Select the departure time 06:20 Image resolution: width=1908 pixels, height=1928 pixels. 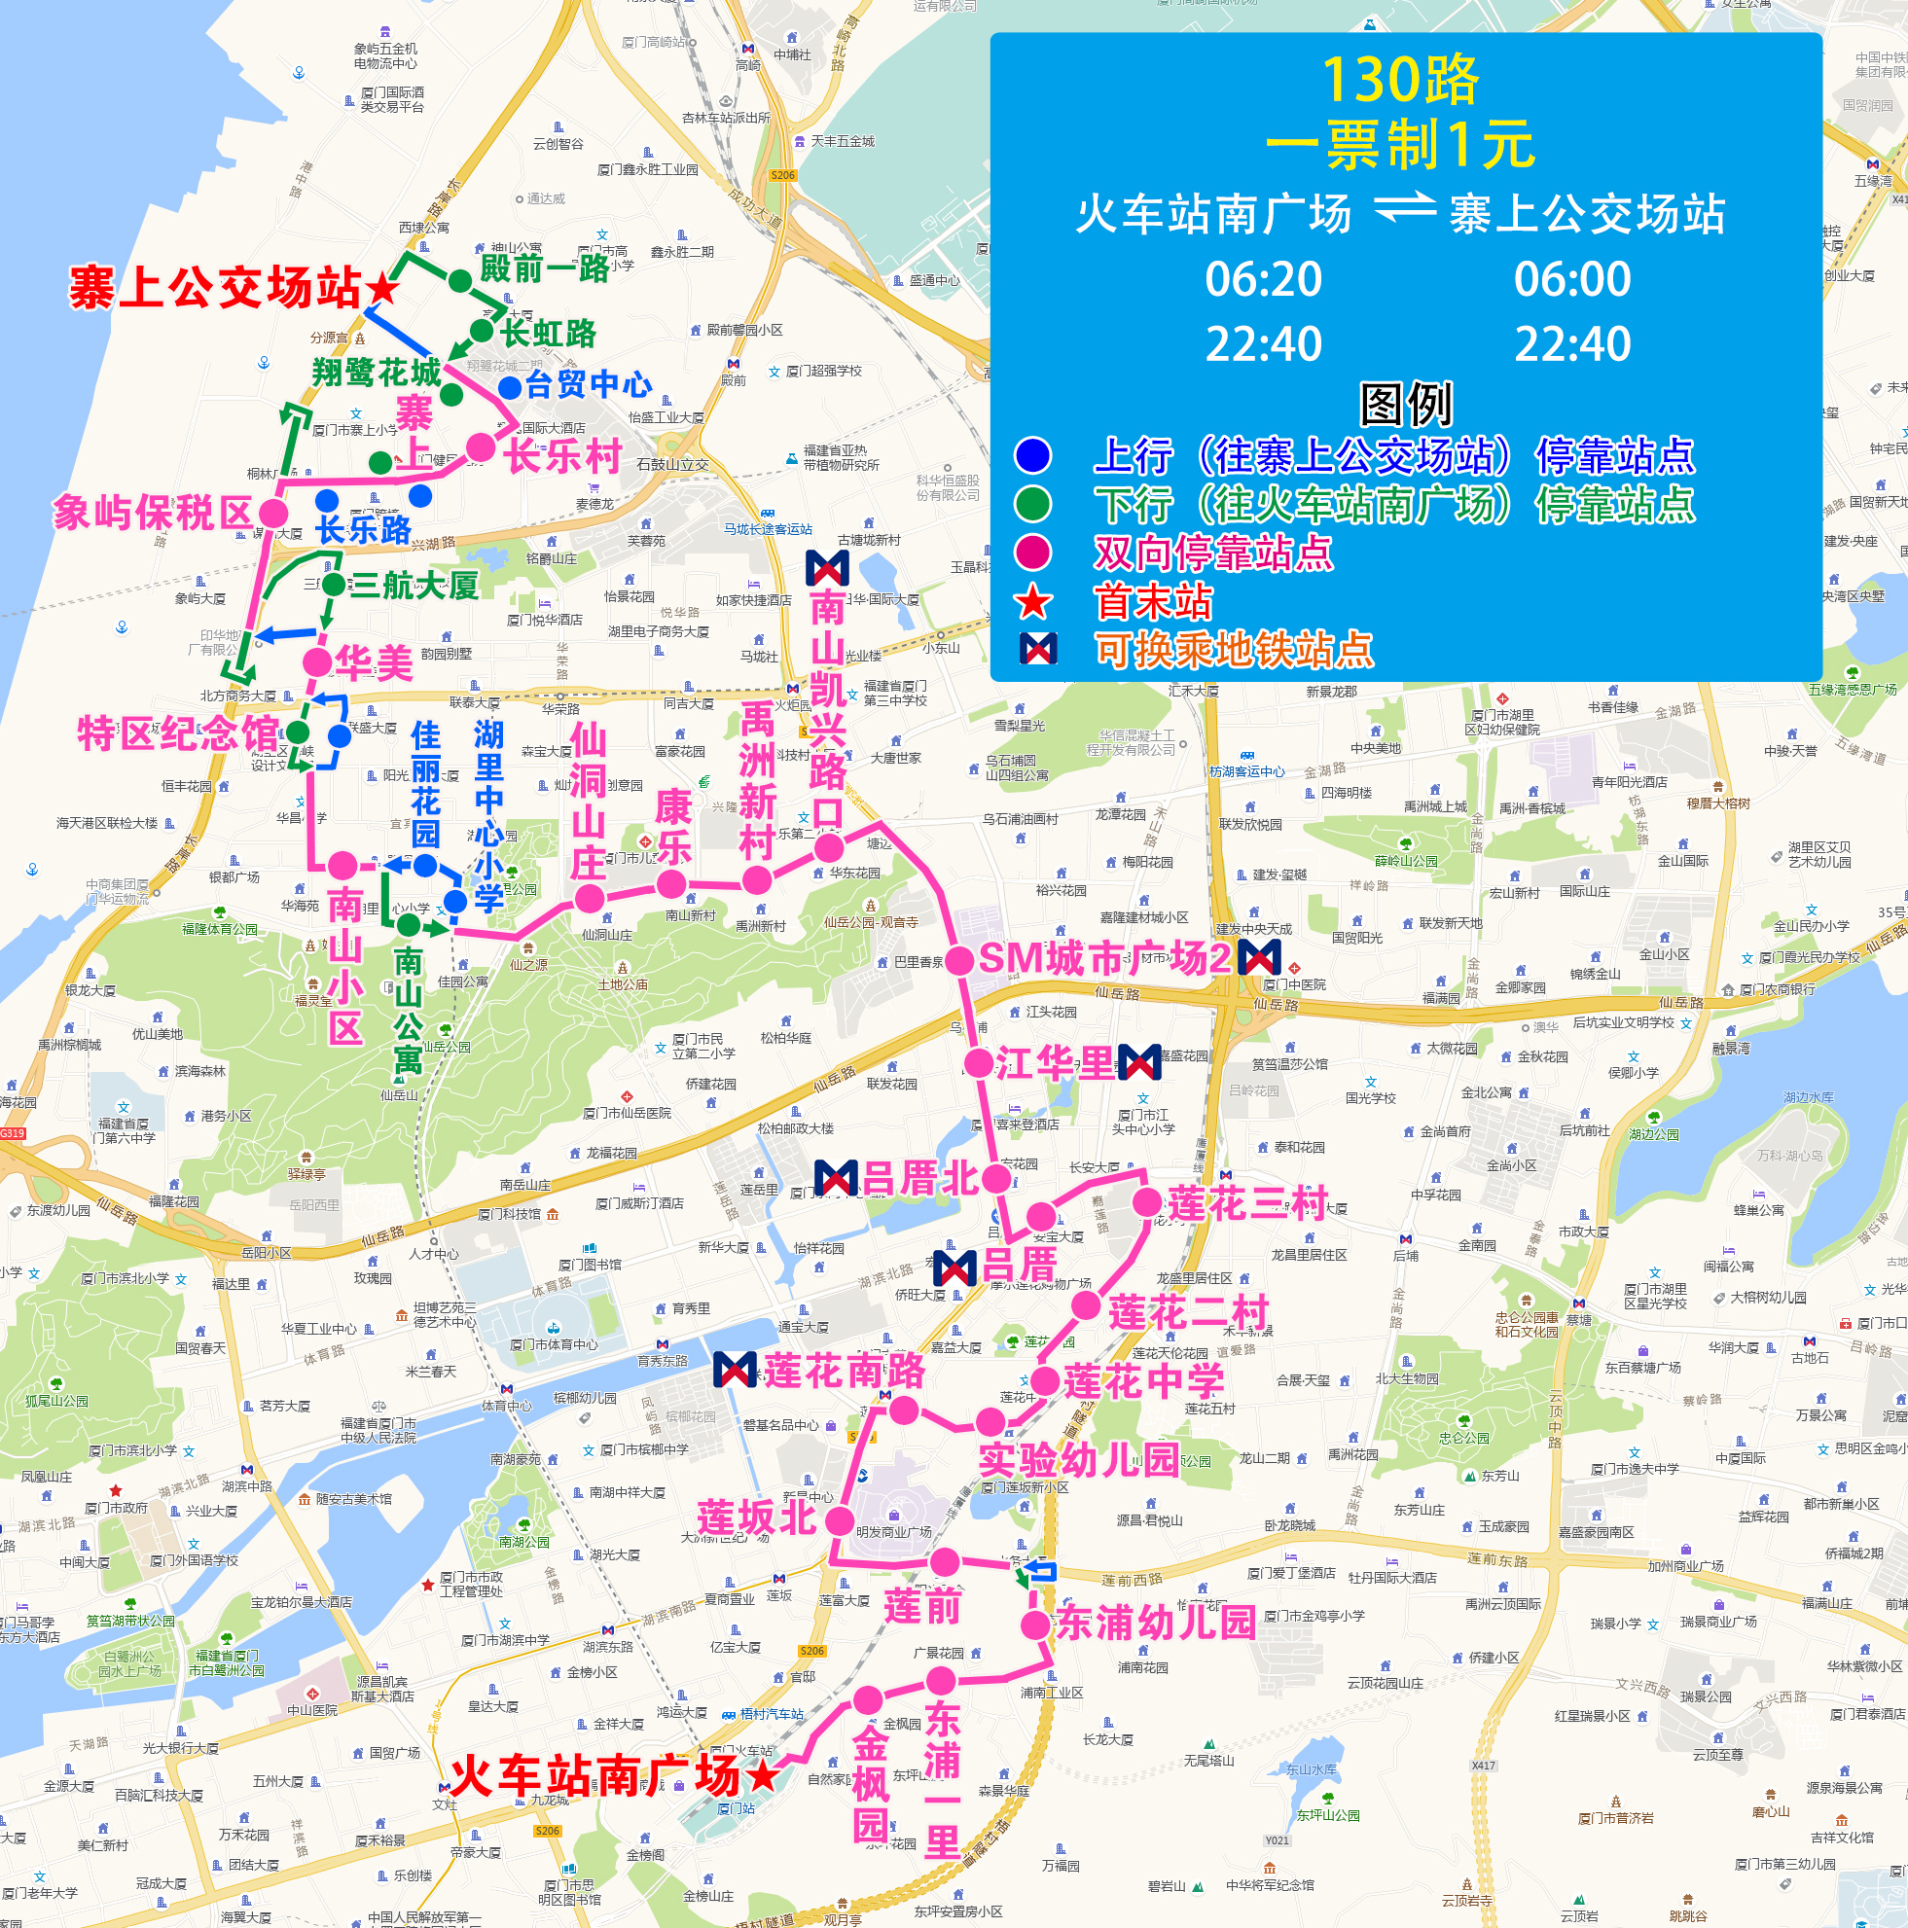point(1263,279)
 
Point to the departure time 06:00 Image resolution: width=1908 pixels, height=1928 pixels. point(1571,279)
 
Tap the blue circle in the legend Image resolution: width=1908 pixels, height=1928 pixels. point(1033,455)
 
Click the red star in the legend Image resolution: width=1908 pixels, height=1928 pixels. point(1033,602)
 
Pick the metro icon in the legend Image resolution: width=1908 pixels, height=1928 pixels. point(1038,649)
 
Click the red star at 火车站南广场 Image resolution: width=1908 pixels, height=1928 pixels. point(764,1774)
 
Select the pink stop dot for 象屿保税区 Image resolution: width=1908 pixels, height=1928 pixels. point(273,513)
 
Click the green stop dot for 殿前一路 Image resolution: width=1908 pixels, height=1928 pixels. point(460,281)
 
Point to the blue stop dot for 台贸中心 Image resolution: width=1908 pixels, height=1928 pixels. point(510,387)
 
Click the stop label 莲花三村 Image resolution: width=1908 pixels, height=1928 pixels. point(1247,1203)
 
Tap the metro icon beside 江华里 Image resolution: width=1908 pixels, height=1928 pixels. point(1138,1063)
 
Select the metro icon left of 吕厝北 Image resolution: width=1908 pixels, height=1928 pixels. point(835,1179)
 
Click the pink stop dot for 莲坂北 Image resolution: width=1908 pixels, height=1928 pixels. point(841,1520)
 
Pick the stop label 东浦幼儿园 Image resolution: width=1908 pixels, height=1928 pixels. point(1156,1622)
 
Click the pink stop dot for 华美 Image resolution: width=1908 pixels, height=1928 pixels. point(317,661)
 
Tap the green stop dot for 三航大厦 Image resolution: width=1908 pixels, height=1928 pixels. point(334,585)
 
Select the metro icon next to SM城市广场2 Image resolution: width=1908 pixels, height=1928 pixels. point(1258,958)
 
